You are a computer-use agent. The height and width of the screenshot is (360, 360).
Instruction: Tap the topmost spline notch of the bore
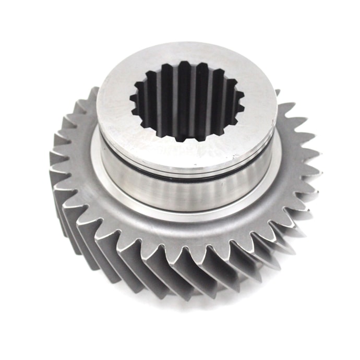click(x=185, y=63)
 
